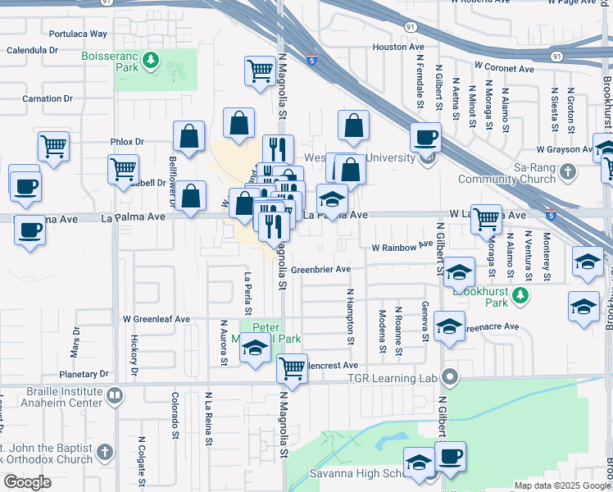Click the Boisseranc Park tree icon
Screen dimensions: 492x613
(150, 60)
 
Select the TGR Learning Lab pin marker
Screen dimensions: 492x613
(449, 377)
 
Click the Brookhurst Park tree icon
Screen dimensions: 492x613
(520, 293)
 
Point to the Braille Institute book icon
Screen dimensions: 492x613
(115, 397)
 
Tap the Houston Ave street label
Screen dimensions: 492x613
(397, 47)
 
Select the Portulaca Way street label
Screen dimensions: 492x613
(78, 34)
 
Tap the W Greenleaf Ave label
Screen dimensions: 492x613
(156, 319)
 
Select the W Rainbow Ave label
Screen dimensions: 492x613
(402, 246)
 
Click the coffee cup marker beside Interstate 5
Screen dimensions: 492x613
(425, 137)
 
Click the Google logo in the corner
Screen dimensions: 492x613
(27, 482)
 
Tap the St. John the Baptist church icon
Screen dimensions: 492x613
(104, 453)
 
